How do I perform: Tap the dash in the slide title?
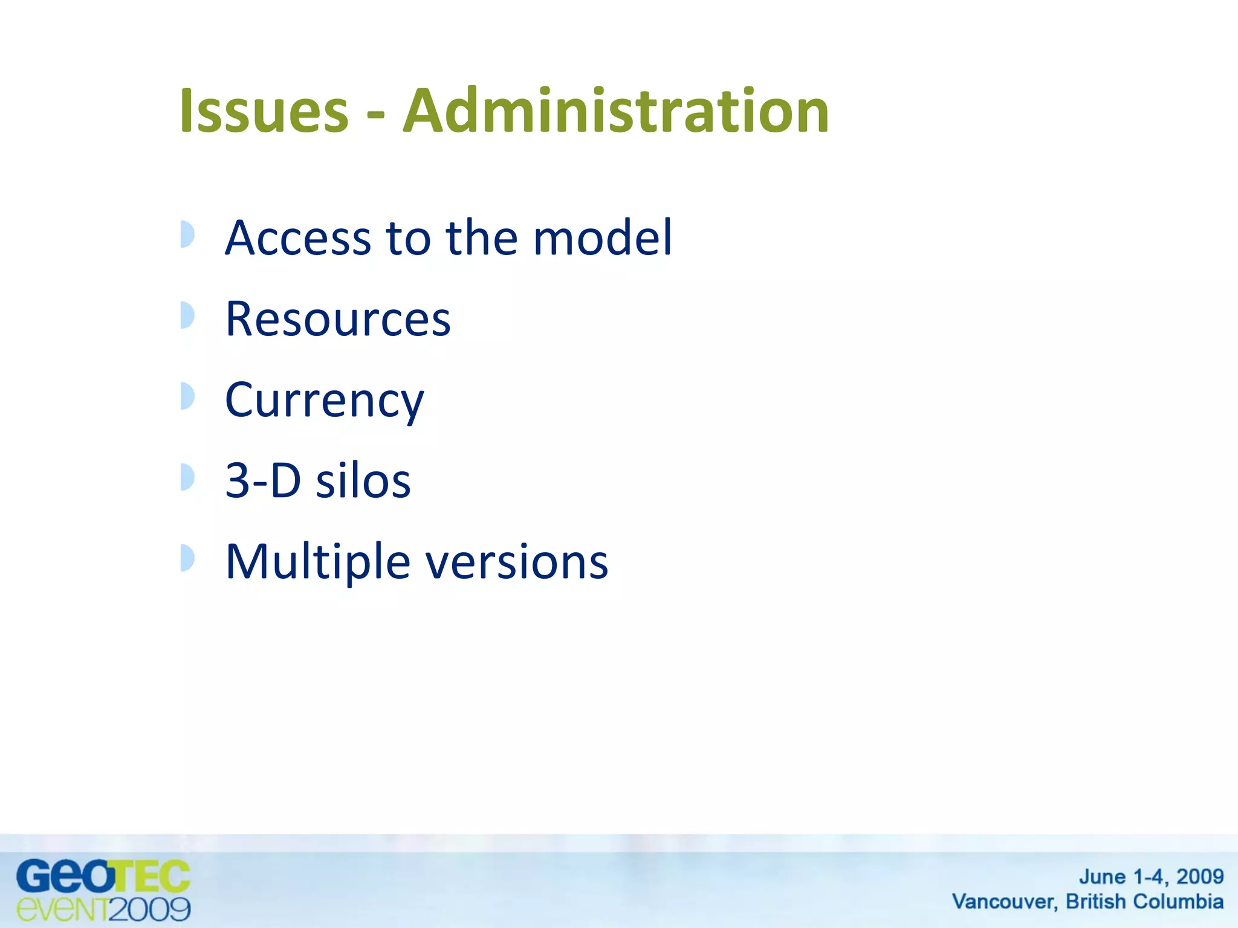[375, 114]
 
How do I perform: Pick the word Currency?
[325, 401]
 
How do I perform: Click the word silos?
[363, 481]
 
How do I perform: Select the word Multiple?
[318, 562]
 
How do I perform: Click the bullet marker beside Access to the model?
[187, 234]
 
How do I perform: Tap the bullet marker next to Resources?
[187, 315]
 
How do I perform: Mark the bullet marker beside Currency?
[187, 396]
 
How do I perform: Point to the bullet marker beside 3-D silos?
[187, 477]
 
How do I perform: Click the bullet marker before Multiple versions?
[187, 558]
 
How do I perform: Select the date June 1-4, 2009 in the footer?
[1151, 876]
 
